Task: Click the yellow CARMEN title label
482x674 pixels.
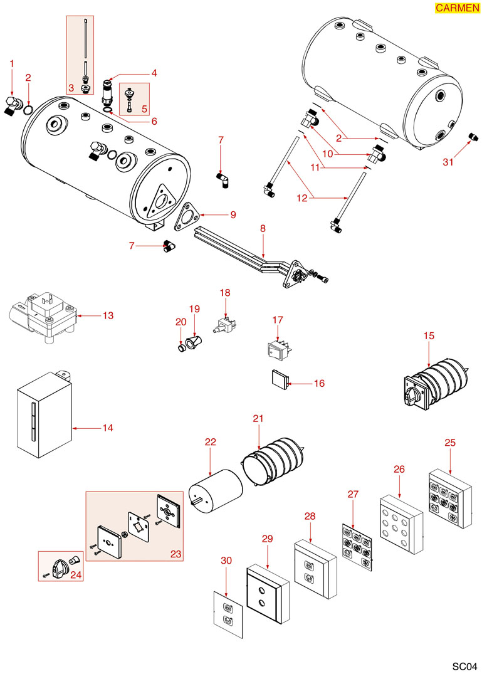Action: coord(456,8)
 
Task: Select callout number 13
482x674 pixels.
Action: coord(108,315)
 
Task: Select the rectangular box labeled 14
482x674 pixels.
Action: coord(44,417)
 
